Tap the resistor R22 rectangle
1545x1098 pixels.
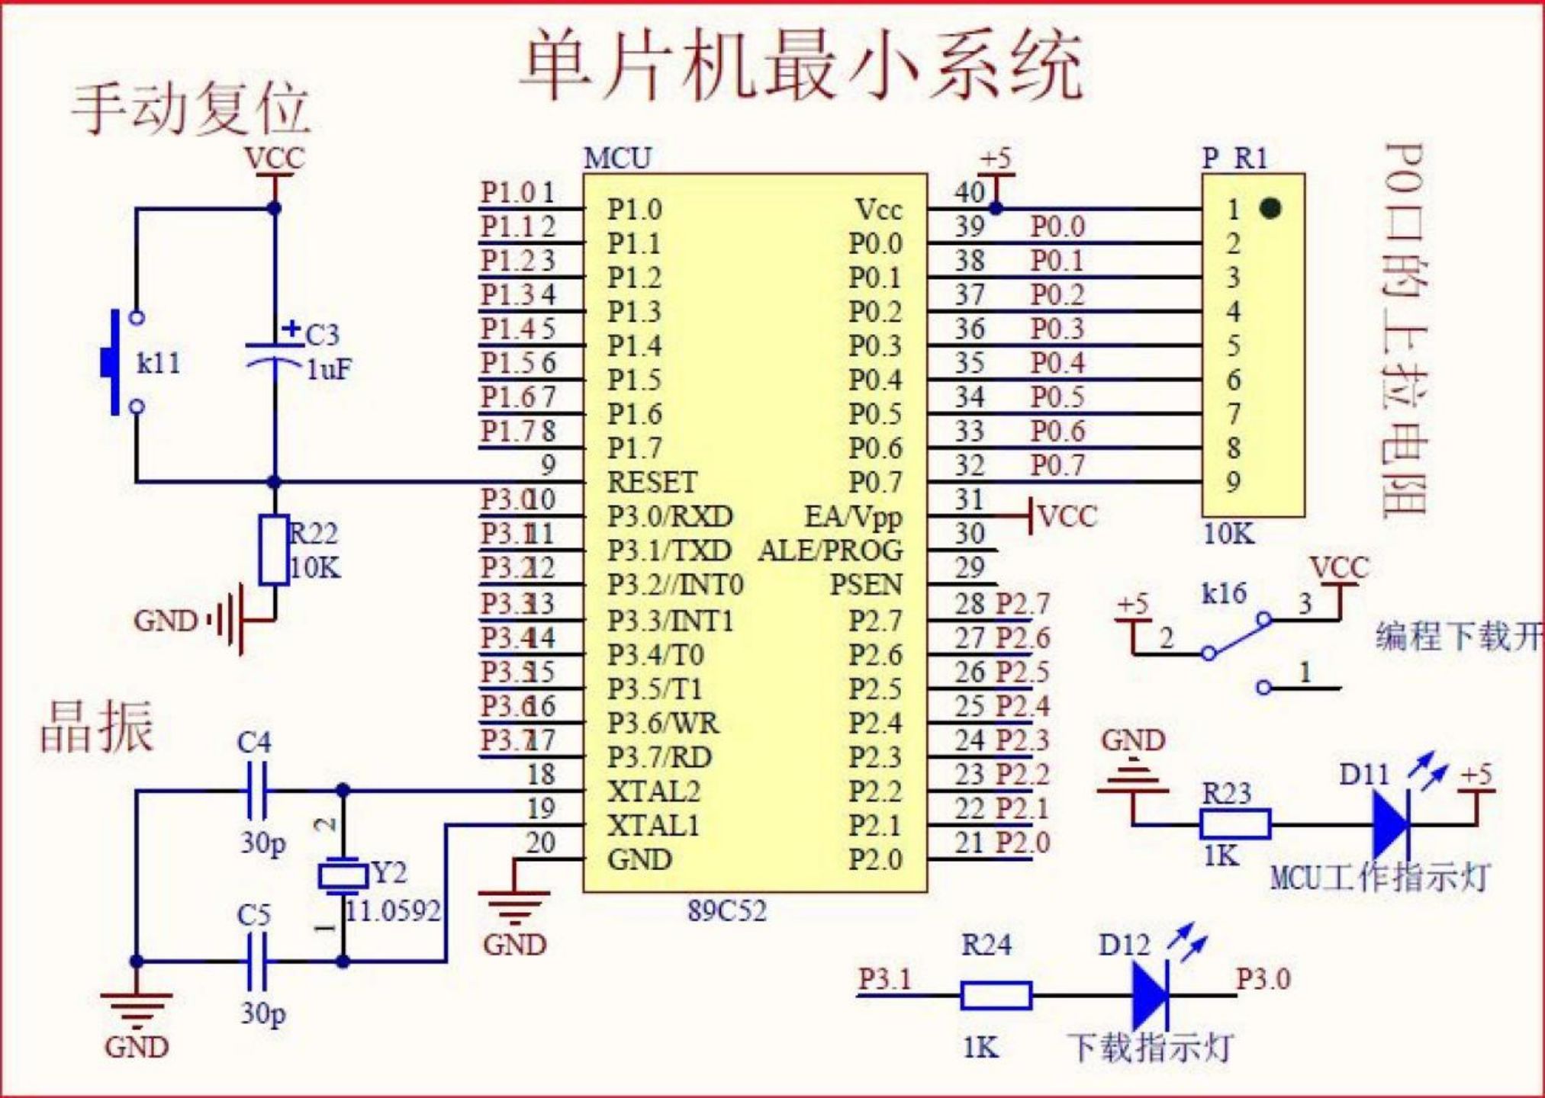274,550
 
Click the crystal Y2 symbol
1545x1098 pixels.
343,876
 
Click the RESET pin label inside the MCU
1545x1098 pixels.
652,482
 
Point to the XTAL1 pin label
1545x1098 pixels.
653,825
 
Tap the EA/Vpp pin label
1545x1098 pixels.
853,516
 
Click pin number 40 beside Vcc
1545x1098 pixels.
969,192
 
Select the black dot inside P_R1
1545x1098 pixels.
1270,207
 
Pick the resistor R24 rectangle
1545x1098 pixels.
996,996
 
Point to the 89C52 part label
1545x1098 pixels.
726,910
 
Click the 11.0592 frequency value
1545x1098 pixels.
394,910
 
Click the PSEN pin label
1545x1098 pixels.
865,585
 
